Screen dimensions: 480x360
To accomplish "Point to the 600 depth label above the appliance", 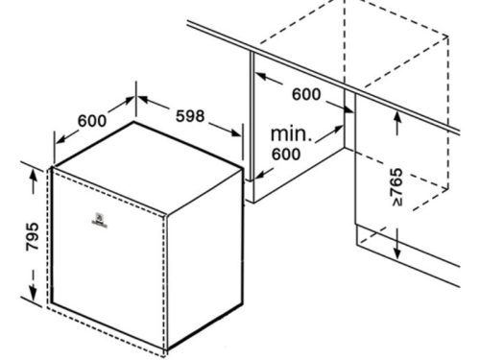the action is point(91,121).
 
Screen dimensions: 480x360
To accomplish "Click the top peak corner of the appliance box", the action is point(134,123).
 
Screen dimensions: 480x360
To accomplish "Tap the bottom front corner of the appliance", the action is point(165,348).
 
